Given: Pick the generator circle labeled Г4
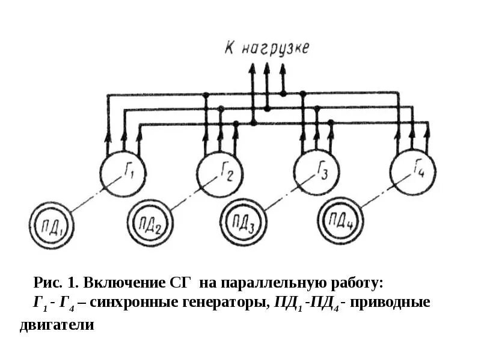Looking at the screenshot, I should (412, 172).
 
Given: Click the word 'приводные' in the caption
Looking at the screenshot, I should (393, 303).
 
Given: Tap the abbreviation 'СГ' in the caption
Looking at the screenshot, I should (177, 283).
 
